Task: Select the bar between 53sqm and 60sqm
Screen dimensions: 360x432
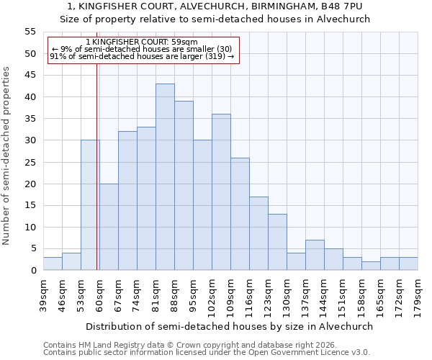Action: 90,205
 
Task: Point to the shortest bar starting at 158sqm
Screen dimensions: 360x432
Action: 371,266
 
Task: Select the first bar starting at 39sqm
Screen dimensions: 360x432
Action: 53,264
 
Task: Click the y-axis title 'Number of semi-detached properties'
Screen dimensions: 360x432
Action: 7,156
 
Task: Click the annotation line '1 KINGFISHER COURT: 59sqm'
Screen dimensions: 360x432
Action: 141,42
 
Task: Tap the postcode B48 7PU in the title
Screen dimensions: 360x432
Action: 341,6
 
